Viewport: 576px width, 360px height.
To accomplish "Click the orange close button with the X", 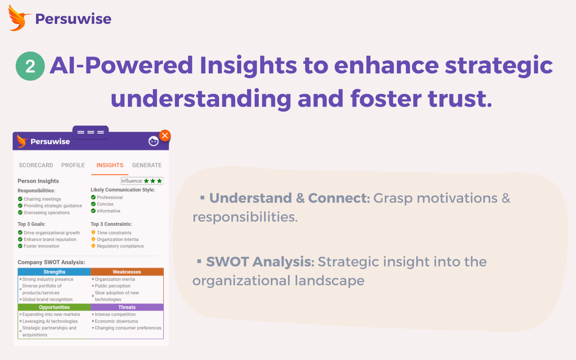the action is coord(165,135).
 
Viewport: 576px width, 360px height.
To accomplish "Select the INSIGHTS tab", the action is coord(110,165).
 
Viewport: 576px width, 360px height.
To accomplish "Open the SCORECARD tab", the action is coord(36,165).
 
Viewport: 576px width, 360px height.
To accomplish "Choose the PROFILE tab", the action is coord(73,165).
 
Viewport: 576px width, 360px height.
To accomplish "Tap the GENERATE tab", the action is coord(147,165).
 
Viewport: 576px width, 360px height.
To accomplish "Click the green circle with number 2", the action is coord(30,66).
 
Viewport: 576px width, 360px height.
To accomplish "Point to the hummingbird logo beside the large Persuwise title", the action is coord(19,18).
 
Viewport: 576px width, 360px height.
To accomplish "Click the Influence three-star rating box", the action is coord(142,181).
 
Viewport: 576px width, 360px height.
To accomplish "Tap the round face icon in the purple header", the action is coord(153,141).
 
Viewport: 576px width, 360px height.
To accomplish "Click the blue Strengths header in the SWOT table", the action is coord(54,272).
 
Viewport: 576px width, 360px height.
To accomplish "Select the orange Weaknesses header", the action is coord(127,272).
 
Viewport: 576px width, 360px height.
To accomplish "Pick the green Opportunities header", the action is coord(54,307).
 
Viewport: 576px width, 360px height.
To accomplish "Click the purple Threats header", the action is coord(127,307).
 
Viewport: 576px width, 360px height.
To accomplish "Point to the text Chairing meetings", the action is coord(42,199).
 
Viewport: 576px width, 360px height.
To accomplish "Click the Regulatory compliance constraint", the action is coord(120,246).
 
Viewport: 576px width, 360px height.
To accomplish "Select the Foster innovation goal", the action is coord(41,246).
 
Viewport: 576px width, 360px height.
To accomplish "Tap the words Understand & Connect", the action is coord(289,198).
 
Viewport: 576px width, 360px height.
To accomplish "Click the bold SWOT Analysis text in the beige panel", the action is coord(260,261).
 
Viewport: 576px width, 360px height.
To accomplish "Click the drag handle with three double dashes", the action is coord(90,132).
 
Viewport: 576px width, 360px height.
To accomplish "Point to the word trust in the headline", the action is coord(459,99).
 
